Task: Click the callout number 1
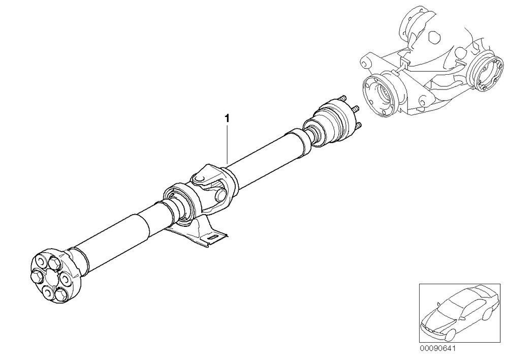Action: [228, 118]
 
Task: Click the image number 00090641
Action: [438, 348]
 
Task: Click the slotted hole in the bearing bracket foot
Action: [214, 237]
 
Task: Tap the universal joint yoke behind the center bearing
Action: [213, 188]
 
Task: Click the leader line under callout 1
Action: [228, 144]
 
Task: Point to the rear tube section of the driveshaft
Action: [271, 153]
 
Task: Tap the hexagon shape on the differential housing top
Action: [434, 37]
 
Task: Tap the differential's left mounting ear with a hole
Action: [367, 62]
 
